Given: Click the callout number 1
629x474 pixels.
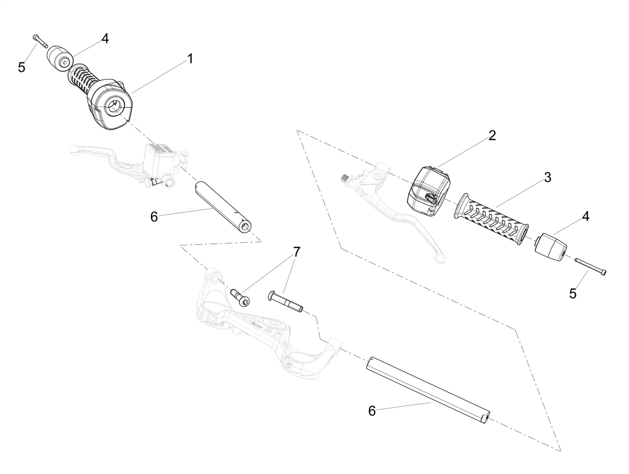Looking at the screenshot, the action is point(190,59).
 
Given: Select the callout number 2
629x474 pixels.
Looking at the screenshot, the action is point(492,136).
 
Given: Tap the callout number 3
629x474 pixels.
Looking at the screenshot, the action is point(547,178).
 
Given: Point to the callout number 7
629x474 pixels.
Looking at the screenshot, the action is point(296,252).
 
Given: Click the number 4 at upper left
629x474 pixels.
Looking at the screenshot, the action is point(105,38).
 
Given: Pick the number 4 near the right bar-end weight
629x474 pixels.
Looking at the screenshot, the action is point(585,217).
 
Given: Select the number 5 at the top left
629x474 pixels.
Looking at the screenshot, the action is point(21,68).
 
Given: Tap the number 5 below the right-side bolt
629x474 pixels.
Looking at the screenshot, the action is point(572,294).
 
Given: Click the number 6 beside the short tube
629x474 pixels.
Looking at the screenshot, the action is point(154,217).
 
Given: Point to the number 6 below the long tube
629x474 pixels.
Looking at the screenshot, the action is point(372,411).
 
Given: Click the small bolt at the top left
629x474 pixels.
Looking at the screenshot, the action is point(41,41).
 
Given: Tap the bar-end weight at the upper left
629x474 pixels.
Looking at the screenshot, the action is point(60,58).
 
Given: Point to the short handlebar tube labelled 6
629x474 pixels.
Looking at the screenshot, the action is point(222,208).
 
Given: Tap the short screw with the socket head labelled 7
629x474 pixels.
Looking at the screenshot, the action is point(240,298).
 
